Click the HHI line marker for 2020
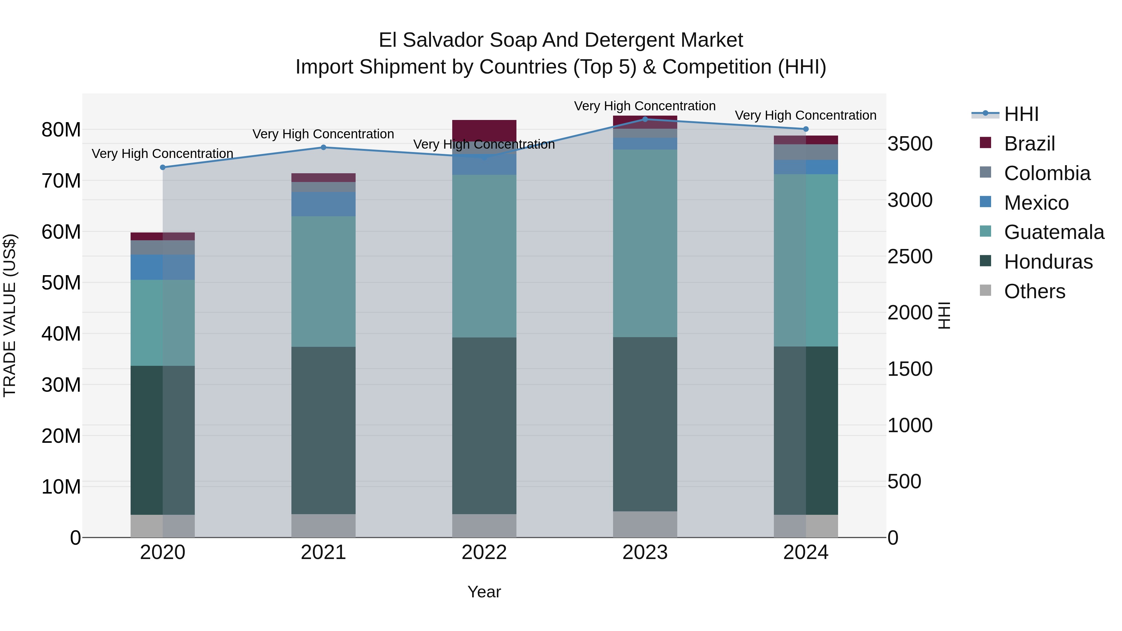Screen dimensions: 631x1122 [162, 167]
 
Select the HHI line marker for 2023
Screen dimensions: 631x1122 [645, 119]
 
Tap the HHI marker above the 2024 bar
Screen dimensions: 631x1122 [806, 129]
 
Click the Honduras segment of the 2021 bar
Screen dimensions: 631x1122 [323, 430]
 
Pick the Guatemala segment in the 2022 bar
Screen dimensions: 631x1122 [484, 256]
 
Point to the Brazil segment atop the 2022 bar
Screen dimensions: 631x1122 [484, 130]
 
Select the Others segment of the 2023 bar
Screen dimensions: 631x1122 [645, 524]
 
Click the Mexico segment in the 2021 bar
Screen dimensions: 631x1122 [323, 204]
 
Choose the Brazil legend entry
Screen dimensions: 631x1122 [1029, 144]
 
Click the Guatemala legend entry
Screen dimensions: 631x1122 [1054, 232]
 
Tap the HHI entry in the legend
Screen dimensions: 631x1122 [1021, 114]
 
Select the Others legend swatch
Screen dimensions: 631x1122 [985, 290]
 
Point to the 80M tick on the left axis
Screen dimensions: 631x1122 [61, 130]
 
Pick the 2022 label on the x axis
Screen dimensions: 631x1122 [484, 552]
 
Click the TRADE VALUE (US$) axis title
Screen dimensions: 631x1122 [10, 315]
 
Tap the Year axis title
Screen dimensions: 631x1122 [484, 592]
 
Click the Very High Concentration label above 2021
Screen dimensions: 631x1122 [323, 134]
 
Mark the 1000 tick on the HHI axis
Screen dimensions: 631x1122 [910, 425]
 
